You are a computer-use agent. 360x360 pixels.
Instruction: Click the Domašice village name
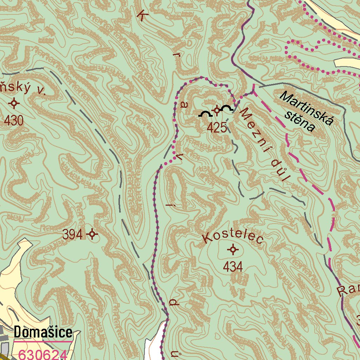43,332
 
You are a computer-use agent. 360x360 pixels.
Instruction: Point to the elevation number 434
233,267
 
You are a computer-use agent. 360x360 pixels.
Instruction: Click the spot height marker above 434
233,250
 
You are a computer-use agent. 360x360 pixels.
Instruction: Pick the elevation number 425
217,128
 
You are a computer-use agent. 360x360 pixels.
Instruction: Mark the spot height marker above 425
217,111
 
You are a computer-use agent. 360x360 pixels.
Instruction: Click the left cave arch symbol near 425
205,114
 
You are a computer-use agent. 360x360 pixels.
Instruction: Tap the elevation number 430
14,121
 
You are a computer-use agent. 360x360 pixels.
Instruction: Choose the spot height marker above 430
14,103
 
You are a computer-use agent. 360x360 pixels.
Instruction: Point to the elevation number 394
73,234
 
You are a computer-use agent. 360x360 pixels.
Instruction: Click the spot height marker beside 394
92,234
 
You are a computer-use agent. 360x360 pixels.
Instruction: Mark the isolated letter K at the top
142,16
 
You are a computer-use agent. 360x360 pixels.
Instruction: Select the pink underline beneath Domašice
43,341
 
